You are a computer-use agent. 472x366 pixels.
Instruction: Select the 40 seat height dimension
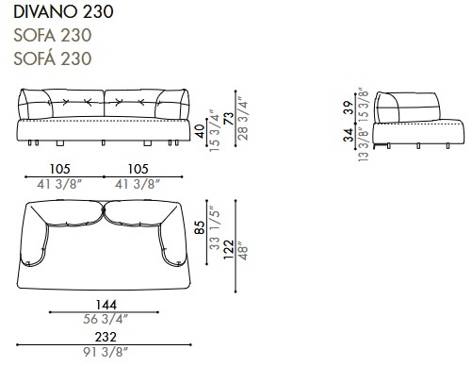[x=199, y=131]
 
